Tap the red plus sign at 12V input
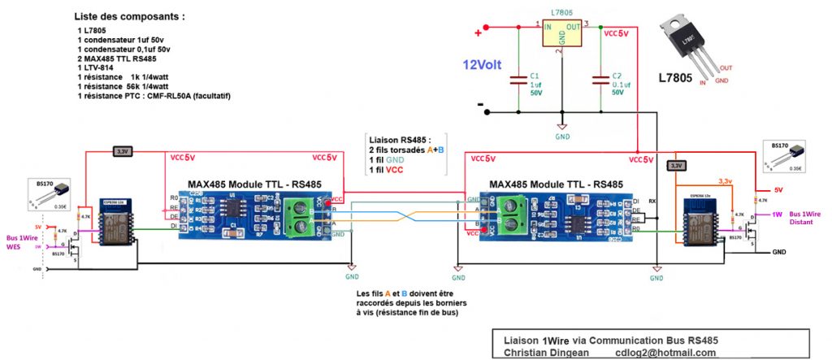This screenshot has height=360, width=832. coord(478,33)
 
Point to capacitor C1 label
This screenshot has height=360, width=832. coord(535,76)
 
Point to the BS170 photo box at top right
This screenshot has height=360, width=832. coord(786,157)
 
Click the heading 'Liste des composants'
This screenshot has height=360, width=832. coord(128,16)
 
